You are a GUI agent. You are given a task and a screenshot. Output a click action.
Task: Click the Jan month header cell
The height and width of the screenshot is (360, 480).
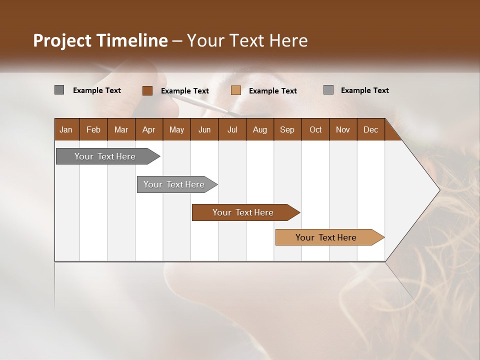click(x=66, y=129)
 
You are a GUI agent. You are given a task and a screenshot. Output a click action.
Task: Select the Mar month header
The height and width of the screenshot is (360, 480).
click(x=121, y=129)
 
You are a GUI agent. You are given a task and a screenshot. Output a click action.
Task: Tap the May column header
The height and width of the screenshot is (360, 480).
click(x=176, y=129)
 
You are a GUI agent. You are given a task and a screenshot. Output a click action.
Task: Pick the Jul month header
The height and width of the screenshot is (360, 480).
click(x=232, y=129)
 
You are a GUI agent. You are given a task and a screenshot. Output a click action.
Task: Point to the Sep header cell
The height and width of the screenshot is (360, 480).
click(x=287, y=129)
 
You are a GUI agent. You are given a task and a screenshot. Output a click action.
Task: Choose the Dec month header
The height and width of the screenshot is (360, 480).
click(x=370, y=129)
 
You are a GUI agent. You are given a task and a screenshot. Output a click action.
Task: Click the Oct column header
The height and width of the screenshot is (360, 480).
click(x=315, y=129)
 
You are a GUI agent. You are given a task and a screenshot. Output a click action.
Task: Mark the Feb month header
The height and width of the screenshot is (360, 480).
click(x=93, y=129)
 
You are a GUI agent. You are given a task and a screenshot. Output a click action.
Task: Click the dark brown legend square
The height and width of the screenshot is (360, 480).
click(x=147, y=90)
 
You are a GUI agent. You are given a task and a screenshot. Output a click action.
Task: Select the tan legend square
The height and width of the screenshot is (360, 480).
click(x=236, y=90)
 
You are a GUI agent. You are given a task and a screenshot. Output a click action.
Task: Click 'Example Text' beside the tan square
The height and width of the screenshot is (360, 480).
click(x=273, y=91)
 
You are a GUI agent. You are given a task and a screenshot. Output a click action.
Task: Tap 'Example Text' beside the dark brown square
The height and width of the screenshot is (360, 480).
click(x=185, y=91)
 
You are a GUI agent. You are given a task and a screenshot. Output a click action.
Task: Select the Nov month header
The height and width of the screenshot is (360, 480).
click(x=343, y=129)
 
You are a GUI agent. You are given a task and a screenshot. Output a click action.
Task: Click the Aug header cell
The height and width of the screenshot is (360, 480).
click(x=259, y=129)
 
